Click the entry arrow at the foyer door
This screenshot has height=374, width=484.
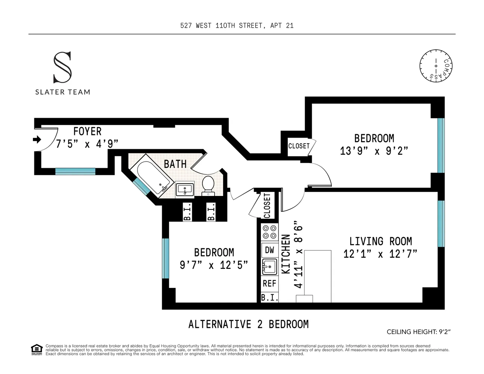[37, 140]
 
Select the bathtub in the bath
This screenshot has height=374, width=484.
[152, 176]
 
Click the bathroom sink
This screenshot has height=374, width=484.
[185, 190]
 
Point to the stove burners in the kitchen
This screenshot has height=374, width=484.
[269, 232]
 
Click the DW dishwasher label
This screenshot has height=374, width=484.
[269, 250]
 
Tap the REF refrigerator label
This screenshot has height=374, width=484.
[269, 283]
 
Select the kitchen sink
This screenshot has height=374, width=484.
[269, 267]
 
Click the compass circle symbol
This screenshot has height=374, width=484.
[436, 66]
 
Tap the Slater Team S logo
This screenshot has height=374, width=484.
[62, 67]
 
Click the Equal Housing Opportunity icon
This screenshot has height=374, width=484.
[37, 350]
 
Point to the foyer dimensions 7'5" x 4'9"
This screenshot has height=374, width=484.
[87, 144]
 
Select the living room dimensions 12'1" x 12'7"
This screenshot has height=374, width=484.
[380, 254]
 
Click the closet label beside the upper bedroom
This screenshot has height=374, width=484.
[299, 146]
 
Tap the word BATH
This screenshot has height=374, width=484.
[175, 164]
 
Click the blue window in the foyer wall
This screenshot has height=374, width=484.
[75, 171]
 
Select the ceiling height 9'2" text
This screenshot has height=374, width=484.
[419, 332]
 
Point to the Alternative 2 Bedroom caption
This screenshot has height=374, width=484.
[249, 324]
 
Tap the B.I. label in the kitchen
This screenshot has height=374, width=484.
[270, 298]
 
